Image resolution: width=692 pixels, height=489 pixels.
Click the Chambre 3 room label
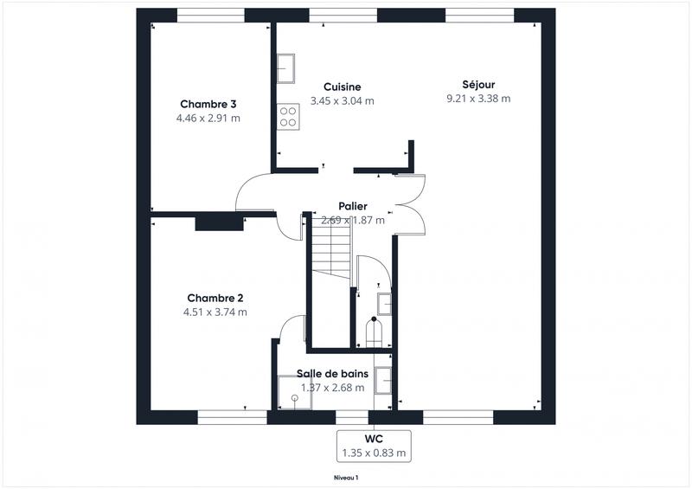(208, 105)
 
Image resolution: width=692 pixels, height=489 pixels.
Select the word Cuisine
(342, 87)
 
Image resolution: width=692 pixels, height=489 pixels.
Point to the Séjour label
(477, 84)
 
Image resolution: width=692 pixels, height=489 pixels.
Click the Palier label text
(352, 206)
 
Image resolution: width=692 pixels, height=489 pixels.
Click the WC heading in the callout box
(374, 439)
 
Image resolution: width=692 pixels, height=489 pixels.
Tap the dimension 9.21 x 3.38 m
(477, 99)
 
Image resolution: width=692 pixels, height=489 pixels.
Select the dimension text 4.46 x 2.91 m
(208, 119)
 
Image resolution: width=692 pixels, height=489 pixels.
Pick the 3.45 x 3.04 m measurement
(342, 100)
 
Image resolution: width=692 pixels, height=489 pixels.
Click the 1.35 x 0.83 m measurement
(374, 453)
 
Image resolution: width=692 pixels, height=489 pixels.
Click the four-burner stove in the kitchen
(288, 116)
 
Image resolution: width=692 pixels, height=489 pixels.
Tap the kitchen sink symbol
(286, 67)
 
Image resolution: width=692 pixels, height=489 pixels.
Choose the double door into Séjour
(410, 204)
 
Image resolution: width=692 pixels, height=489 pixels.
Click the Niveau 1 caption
(346, 477)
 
